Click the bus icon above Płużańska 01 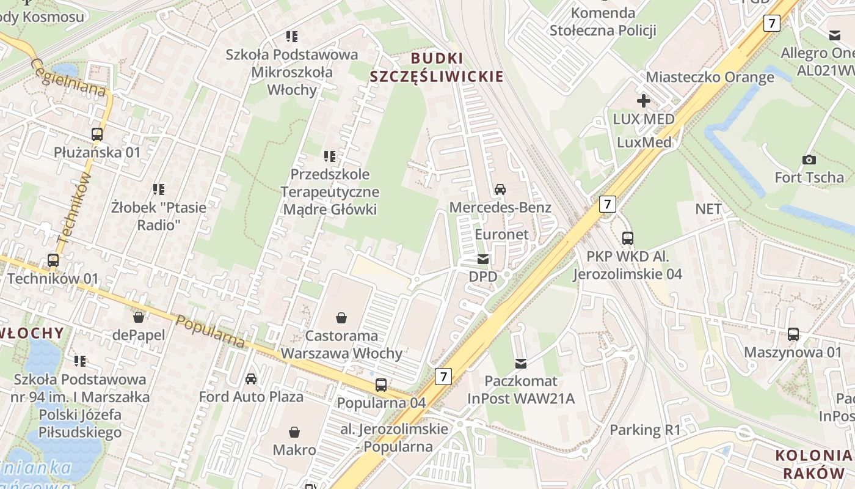96,134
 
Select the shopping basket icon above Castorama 341,318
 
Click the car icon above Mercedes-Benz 500,189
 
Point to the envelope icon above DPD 483,259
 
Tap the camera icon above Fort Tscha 809,160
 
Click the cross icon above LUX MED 644,101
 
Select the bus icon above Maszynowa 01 793,334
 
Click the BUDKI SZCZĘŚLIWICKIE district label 437,67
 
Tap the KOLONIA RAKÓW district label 813,464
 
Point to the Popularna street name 210,332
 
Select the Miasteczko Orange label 710,78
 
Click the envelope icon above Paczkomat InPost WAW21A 520,364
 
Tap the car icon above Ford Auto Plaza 251,379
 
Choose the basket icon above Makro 294,432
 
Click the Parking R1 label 645,430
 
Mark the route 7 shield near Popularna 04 443,377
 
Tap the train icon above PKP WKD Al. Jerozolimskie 627,238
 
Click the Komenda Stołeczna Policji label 603,21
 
